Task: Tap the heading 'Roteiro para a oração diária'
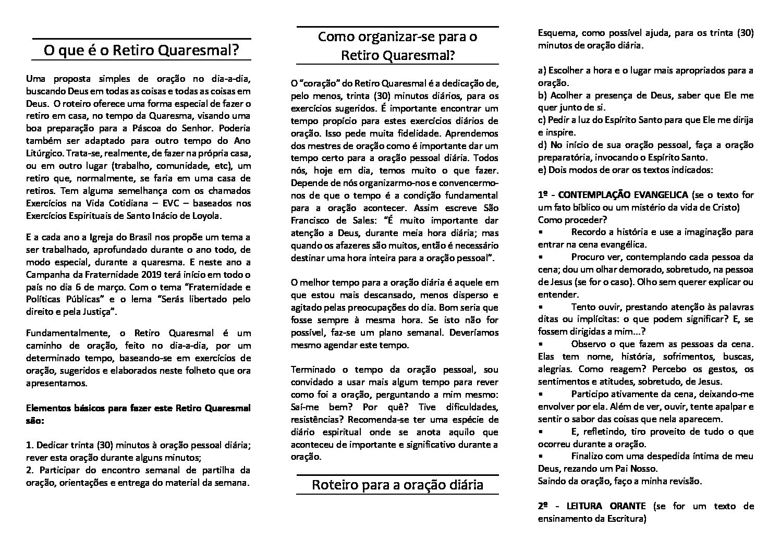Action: click(x=397, y=485)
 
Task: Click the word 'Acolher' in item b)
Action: click(x=564, y=95)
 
